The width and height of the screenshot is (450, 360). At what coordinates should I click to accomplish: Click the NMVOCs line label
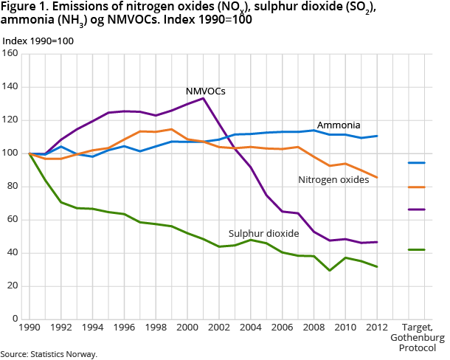click(x=206, y=91)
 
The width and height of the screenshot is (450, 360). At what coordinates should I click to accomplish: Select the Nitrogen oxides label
click(x=333, y=179)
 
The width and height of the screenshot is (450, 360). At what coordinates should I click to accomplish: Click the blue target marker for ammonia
click(x=417, y=162)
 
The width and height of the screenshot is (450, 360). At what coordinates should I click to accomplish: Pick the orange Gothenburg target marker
click(x=417, y=187)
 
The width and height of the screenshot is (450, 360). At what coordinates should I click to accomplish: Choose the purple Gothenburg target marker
click(x=417, y=210)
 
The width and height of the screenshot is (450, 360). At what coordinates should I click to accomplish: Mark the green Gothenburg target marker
click(x=417, y=250)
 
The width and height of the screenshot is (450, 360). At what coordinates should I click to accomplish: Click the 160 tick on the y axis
click(x=11, y=54)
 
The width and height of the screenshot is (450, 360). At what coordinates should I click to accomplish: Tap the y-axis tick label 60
click(x=13, y=220)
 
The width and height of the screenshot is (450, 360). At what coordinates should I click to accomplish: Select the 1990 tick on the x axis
click(x=30, y=327)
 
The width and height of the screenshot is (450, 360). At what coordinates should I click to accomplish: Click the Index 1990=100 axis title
click(x=38, y=40)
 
